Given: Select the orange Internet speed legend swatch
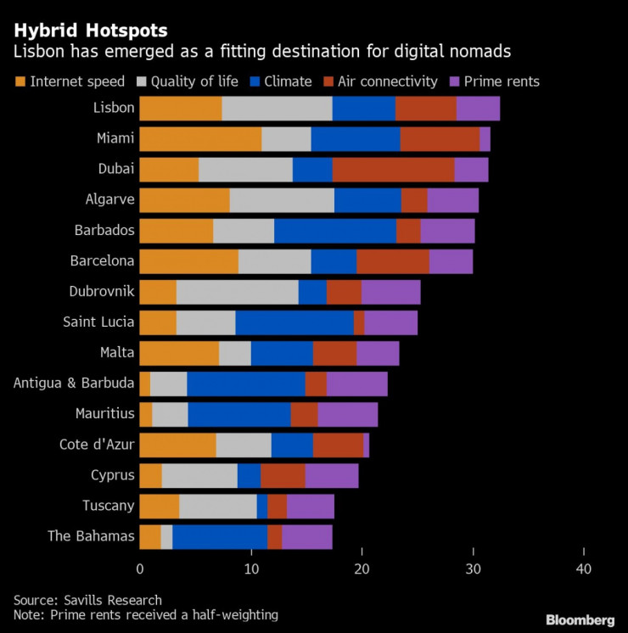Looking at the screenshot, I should tap(20, 82).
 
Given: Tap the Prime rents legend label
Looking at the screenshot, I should tap(502, 82).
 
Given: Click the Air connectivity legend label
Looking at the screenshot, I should tap(387, 82).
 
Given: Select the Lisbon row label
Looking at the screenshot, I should tap(114, 109).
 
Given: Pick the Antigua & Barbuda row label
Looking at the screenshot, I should tap(74, 384).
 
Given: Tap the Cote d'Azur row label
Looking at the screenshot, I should tap(97, 445).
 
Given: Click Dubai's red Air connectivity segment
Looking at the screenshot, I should tap(393, 170).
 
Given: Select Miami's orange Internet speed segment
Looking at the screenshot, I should tap(200, 139).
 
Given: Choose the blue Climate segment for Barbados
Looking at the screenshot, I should tap(335, 231).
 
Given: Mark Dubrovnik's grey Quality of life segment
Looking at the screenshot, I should tap(237, 292).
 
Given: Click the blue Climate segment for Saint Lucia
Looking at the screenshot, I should tap(294, 322).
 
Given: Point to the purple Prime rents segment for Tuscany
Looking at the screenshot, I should tap(310, 506).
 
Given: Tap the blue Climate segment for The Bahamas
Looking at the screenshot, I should tap(220, 536).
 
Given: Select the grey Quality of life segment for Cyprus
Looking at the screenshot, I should tap(199, 475).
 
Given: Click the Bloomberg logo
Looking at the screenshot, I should tap(580, 619).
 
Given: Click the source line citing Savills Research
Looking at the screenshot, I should tap(87, 600).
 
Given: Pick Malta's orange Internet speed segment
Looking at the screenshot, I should tap(179, 353).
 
